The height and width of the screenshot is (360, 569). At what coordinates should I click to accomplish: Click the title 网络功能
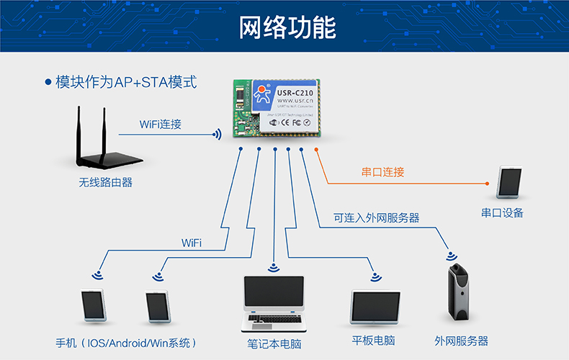click(x=287, y=28)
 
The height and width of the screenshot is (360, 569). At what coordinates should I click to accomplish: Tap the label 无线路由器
click(x=106, y=183)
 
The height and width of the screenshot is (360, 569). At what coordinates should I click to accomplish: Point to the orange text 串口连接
click(x=382, y=172)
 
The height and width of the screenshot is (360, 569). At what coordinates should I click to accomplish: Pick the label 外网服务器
click(x=461, y=341)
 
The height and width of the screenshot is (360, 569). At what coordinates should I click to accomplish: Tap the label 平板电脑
click(x=373, y=341)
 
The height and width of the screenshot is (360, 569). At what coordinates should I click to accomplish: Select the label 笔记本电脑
click(x=274, y=344)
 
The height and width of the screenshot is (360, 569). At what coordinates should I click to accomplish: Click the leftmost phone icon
click(x=94, y=305)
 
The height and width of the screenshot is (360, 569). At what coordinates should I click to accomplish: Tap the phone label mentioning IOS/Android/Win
click(x=127, y=342)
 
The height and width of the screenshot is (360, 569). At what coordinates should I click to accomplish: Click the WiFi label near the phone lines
click(x=192, y=243)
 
